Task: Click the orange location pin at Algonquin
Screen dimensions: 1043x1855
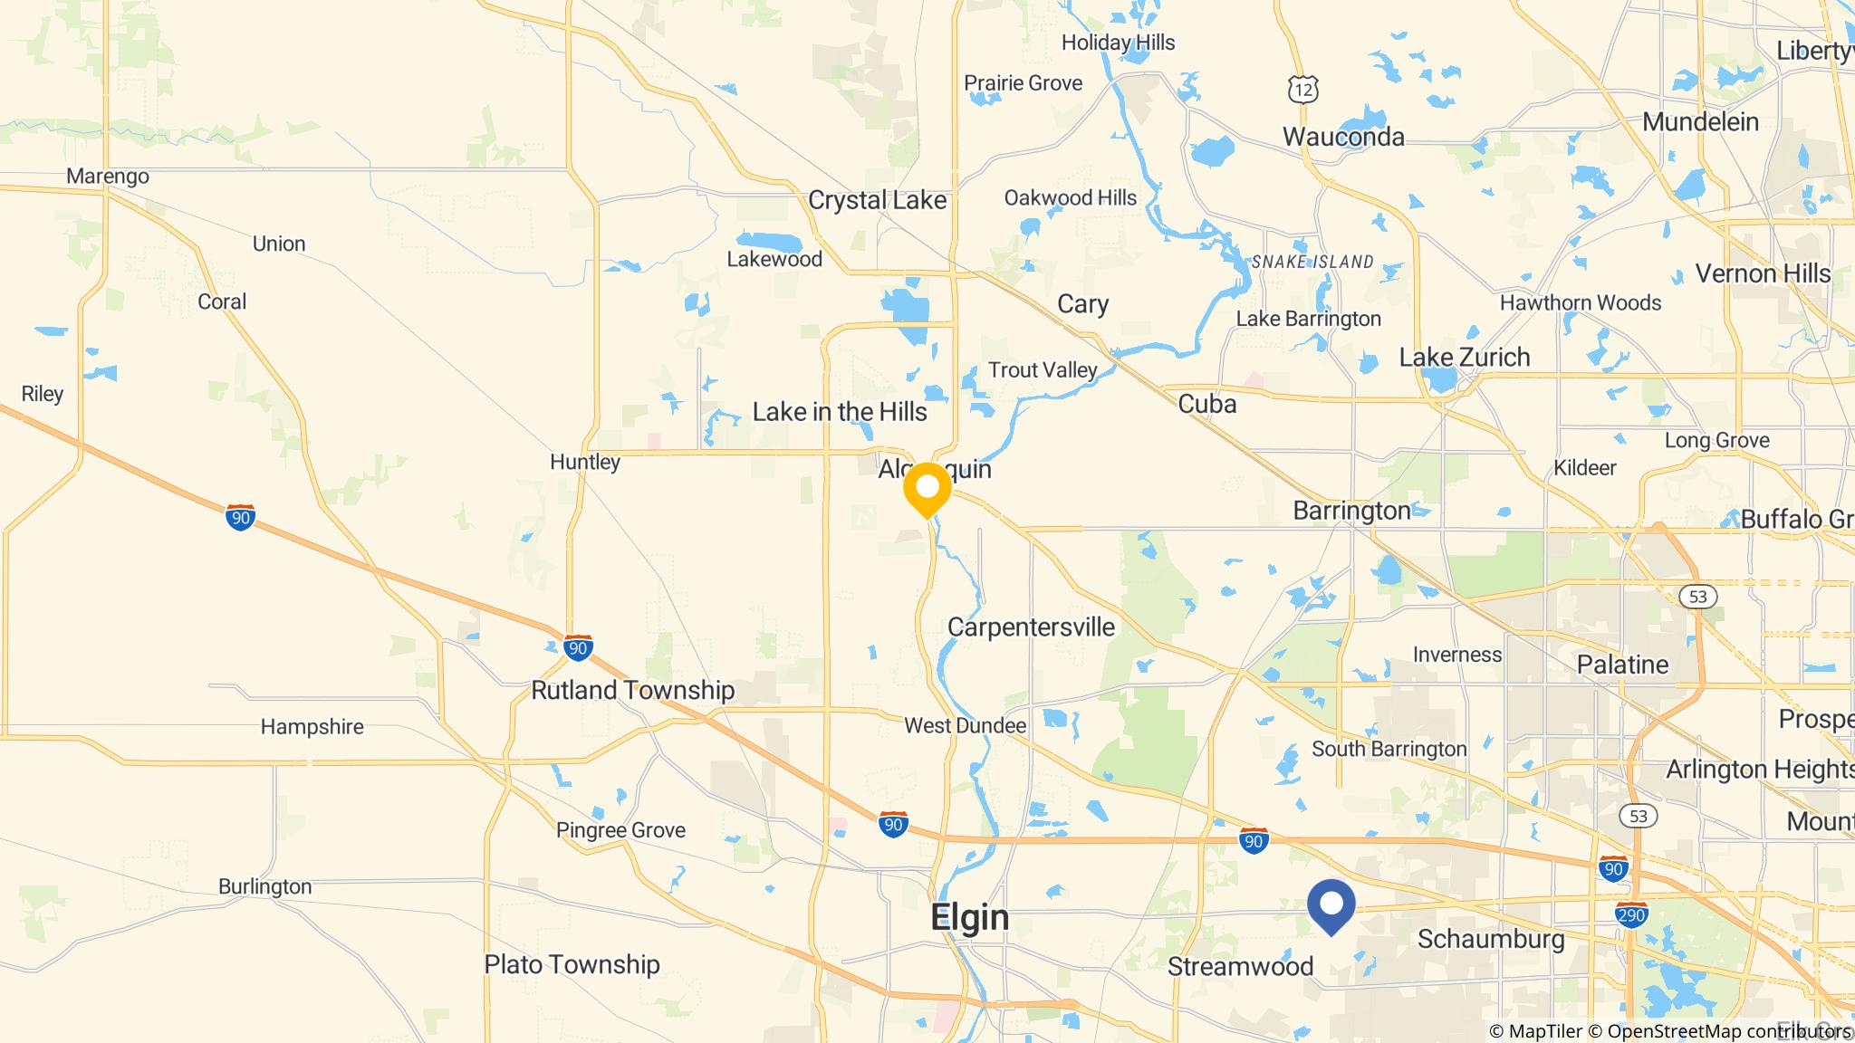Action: [927, 489]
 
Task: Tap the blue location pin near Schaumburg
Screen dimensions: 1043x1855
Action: [1331, 904]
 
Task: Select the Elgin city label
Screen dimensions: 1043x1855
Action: [969, 917]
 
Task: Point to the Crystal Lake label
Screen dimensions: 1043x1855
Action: [877, 200]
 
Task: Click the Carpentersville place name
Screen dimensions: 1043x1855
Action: [1031, 627]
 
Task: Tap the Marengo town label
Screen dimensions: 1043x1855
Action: [108, 176]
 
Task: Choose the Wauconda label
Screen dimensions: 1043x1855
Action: [1343, 137]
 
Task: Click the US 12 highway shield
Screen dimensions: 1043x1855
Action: [1302, 89]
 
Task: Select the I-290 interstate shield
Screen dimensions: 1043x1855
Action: [1631, 914]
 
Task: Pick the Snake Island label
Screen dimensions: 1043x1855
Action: [1312, 262]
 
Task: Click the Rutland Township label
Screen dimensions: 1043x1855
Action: [632, 690]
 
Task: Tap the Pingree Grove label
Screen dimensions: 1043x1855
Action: [620, 830]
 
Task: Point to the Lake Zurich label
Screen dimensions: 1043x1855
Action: [1464, 357]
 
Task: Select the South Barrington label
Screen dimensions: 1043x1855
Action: [1389, 749]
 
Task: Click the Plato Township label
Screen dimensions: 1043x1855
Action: [572, 964]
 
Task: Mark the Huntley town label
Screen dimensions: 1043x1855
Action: [585, 462]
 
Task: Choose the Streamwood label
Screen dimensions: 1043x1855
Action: [1240, 966]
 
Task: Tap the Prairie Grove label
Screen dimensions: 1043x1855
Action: [1023, 83]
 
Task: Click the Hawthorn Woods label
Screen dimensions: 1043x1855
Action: [1581, 302]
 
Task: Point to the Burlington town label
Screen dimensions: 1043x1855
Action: [264, 886]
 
